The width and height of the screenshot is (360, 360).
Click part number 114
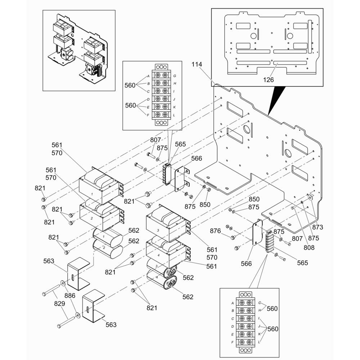(x=197, y=64)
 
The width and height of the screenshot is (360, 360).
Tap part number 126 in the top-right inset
(x=269, y=80)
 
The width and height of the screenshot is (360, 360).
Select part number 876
(x=215, y=231)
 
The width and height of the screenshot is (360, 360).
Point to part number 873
(x=318, y=227)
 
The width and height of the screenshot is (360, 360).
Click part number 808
(x=309, y=248)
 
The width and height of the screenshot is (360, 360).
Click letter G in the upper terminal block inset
(x=175, y=76)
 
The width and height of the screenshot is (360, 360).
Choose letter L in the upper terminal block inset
(x=174, y=115)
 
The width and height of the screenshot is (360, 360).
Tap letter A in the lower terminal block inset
(x=233, y=303)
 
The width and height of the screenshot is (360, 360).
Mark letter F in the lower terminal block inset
(x=232, y=342)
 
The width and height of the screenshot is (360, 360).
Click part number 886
(x=70, y=296)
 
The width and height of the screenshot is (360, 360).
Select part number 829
(x=59, y=303)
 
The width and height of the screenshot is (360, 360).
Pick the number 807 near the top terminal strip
(x=156, y=140)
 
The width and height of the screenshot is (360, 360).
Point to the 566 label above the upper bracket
(x=197, y=158)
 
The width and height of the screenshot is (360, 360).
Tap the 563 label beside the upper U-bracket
(x=49, y=261)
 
